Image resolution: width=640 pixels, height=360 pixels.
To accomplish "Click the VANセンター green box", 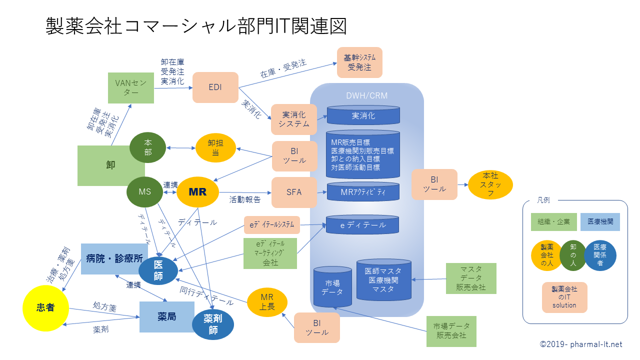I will pyautogui.click(x=131, y=88).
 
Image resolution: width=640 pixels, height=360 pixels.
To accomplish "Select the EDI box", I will pyautogui.click(x=215, y=87).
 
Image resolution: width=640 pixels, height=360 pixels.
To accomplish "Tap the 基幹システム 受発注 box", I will pyautogui.click(x=359, y=62).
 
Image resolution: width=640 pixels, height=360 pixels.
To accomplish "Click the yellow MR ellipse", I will pyautogui.click(x=198, y=191).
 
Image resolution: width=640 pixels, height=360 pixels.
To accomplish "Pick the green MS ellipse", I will pyautogui.click(x=145, y=191).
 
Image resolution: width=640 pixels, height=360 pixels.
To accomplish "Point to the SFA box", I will pyautogui.click(x=294, y=192).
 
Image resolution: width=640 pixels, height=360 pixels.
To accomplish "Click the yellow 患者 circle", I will pyautogui.click(x=45, y=308).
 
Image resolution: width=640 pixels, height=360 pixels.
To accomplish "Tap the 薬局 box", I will pyautogui.click(x=166, y=317).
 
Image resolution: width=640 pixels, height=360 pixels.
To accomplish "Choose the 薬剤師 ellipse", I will pyautogui.click(x=213, y=323).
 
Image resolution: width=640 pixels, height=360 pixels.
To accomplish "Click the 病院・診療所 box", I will pyautogui.click(x=114, y=259).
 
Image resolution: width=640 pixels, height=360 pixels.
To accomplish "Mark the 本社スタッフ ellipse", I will pyautogui.click(x=490, y=185).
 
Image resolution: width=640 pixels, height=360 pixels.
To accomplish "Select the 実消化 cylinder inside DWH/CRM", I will pyautogui.click(x=363, y=115).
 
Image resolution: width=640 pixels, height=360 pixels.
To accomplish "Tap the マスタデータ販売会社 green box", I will pyautogui.click(x=471, y=278).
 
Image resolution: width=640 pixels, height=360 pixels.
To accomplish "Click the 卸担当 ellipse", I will pyautogui.click(x=215, y=148).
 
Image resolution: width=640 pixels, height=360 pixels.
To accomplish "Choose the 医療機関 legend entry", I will pyautogui.click(x=600, y=221).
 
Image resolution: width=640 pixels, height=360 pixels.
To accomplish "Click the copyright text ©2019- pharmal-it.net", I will pyautogui.click(x=581, y=344).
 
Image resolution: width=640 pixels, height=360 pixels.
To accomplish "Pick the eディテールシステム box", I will pyautogui.click(x=272, y=225).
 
